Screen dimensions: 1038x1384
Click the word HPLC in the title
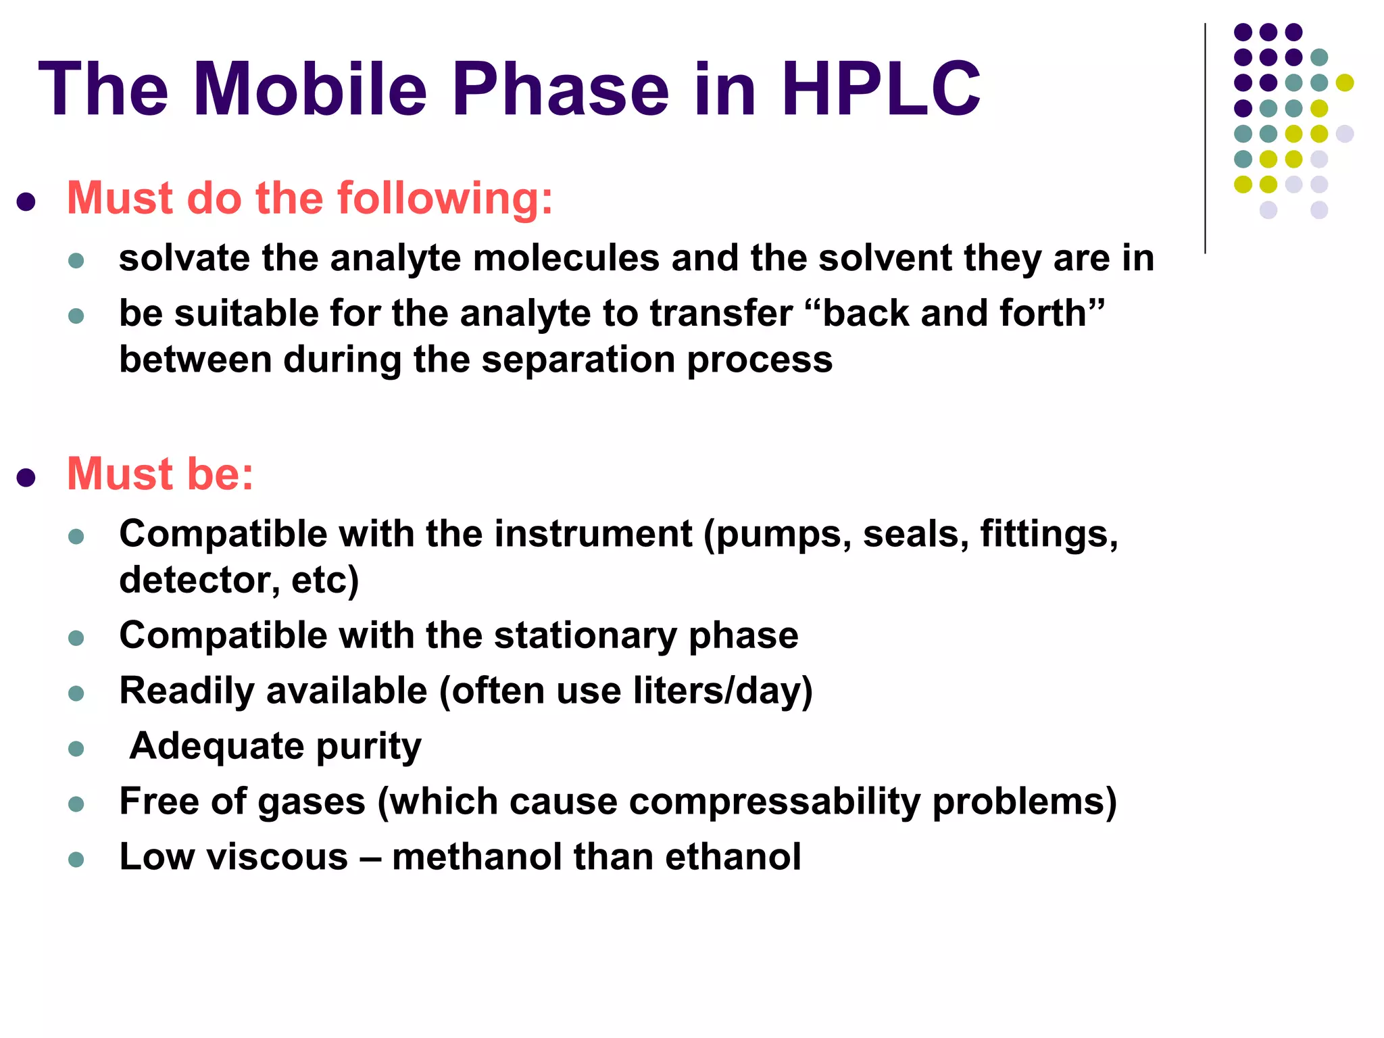[x=880, y=89]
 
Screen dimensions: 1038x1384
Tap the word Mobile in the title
[x=310, y=89]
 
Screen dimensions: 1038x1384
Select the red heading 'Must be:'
[x=160, y=474]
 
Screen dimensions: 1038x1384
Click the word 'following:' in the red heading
[x=445, y=199]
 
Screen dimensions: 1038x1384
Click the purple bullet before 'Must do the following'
[x=26, y=202]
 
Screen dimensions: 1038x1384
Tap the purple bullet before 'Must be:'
[x=26, y=478]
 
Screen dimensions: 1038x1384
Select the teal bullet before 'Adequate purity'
[x=76, y=749]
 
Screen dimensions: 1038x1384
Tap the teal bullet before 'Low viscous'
[x=76, y=860]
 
